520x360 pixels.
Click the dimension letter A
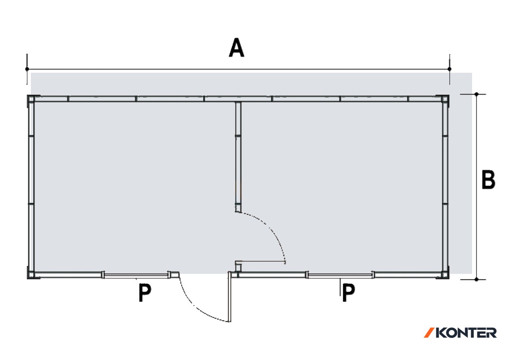236,48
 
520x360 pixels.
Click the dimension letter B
488,180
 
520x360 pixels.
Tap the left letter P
145,293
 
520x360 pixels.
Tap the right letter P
349,293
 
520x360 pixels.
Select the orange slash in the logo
429,333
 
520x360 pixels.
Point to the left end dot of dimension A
27,69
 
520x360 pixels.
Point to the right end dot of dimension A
449,69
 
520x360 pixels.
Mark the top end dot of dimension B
477,94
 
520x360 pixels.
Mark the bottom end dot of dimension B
477,280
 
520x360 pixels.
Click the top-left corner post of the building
31,99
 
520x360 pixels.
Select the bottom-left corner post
31,275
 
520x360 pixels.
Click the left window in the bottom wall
136,275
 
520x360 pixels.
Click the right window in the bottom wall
340,275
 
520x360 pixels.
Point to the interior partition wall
238,157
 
